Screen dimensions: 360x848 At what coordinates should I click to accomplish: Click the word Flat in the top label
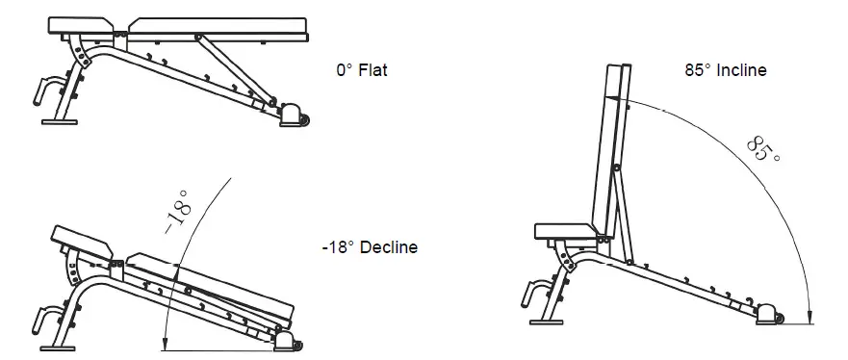372,71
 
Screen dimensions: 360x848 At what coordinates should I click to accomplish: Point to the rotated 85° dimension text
762,150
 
